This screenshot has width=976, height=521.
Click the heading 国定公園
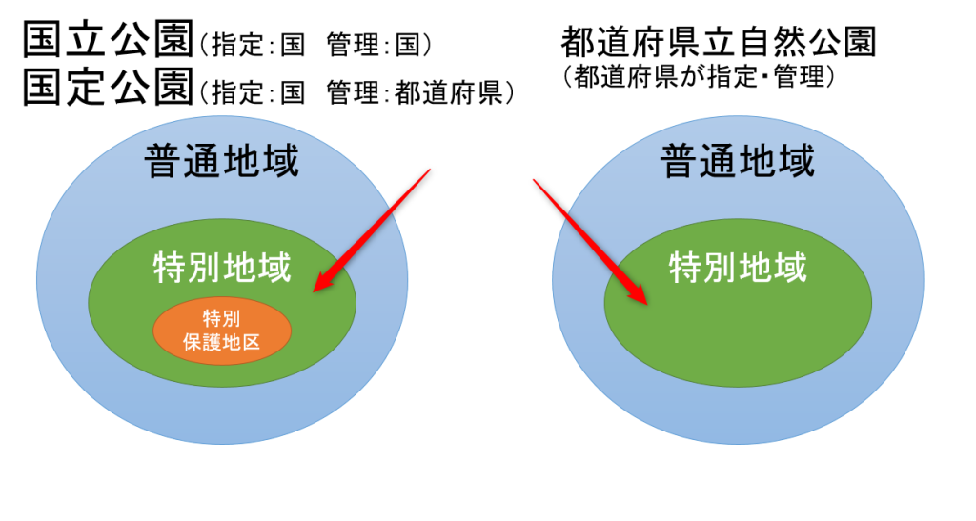tap(109, 86)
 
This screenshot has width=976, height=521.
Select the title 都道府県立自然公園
tap(719, 42)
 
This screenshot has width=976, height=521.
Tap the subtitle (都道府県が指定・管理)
tap(699, 77)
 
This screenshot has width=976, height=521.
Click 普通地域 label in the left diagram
tap(221, 161)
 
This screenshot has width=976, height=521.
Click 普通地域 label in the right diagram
tap(738, 161)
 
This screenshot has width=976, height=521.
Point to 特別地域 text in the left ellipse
tap(222, 268)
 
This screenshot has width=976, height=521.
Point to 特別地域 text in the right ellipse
tap(739, 268)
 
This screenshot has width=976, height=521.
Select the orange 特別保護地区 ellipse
tap(222, 331)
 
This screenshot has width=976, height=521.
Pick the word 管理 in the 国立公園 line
tap(353, 45)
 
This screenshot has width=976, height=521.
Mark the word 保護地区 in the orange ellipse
tap(222, 342)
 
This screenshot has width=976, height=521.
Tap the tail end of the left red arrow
tap(430, 170)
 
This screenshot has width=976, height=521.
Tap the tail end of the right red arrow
tap(534, 180)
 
